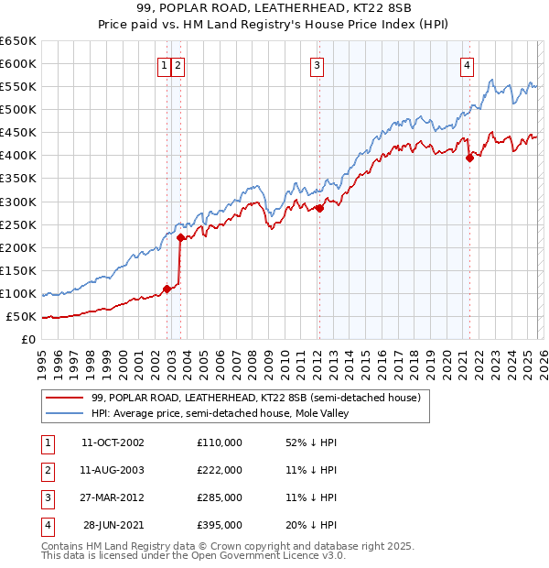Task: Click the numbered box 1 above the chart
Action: click(x=164, y=65)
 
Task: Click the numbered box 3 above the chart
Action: click(x=317, y=65)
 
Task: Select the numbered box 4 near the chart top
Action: click(x=467, y=65)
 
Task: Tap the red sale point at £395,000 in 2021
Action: click(x=469, y=158)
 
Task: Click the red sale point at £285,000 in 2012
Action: click(x=319, y=208)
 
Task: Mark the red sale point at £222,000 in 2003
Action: click(x=180, y=237)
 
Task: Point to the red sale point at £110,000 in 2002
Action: click(x=167, y=289)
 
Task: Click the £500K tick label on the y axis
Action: click(x=18, y=109)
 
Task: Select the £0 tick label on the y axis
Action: click(x=27, y=340)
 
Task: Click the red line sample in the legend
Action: click(x=65, y=399)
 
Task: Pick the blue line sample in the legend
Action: click(x=65, y=413)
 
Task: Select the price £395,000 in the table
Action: click(x=219, y=525)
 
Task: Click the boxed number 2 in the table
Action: click(x=45, y=470)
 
